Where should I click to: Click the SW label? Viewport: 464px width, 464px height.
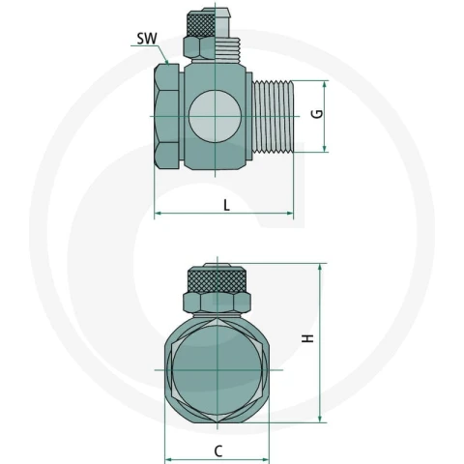click(x=147, y=39)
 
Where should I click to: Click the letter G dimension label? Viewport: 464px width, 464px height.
click(x=317, y=114)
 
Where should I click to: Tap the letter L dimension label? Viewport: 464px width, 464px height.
click(x=227, y=205)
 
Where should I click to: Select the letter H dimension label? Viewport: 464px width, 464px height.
click(x=307, y=338)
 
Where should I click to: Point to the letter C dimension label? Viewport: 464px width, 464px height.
click(x=218, y=451)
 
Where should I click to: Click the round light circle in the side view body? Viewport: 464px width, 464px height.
click(x=215, y=116)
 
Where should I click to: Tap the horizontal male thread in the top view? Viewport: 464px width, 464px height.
click(x=273, y=116)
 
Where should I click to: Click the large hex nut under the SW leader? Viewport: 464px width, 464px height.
click(x=166, y=116)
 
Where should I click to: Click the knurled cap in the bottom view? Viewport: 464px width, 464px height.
click(x=217, y=279)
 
